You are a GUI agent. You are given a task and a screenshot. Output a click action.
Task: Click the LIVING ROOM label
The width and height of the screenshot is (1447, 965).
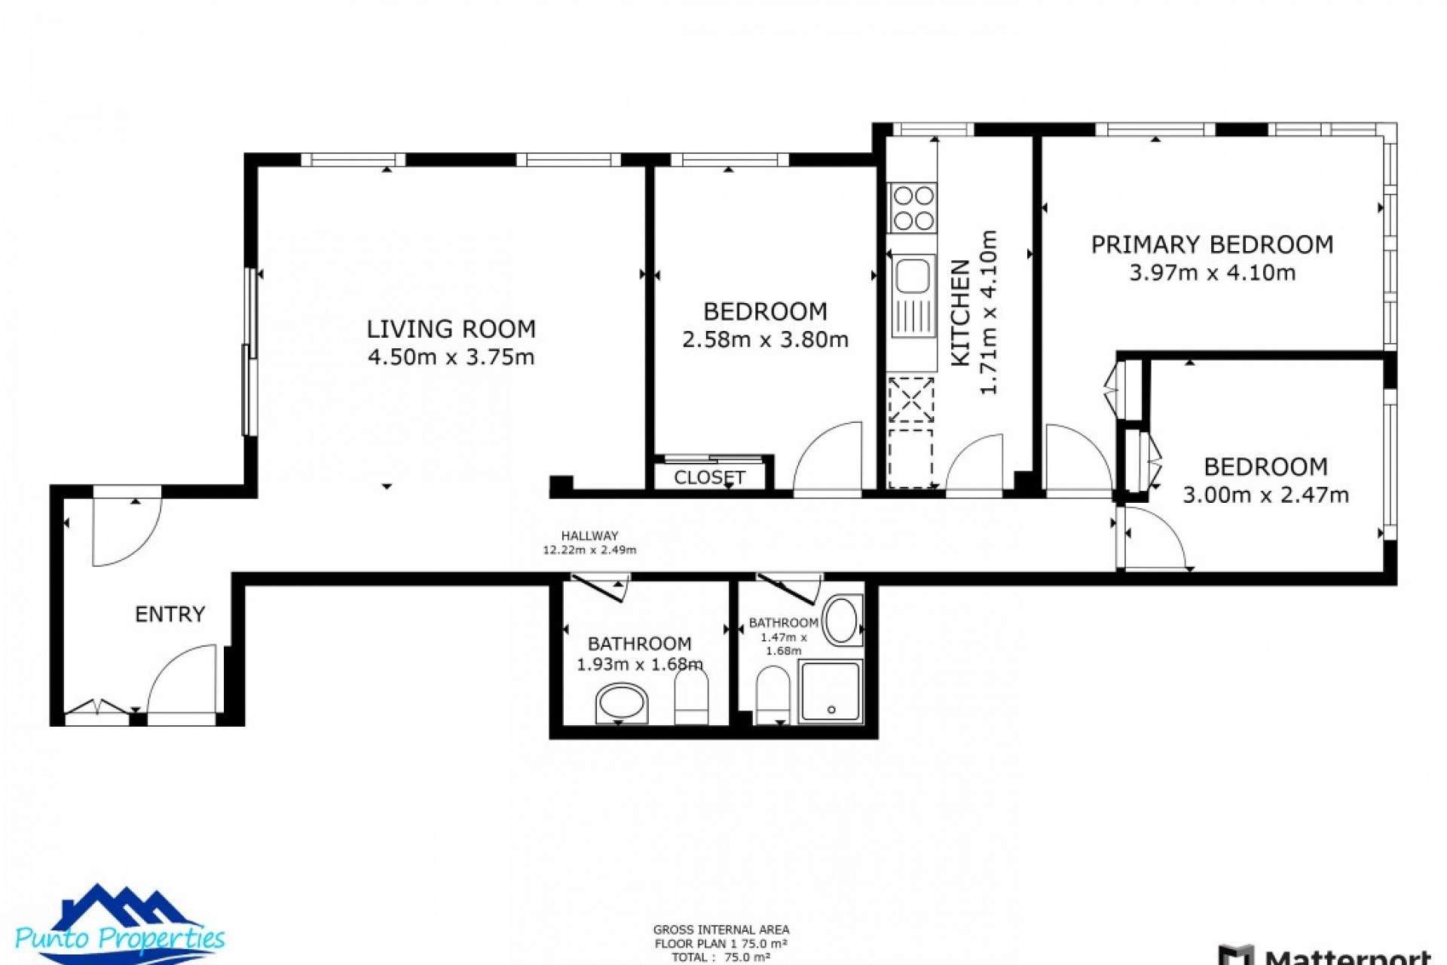click(451, 329)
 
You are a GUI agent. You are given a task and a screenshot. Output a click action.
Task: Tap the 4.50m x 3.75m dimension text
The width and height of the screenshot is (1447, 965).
click(451, 357)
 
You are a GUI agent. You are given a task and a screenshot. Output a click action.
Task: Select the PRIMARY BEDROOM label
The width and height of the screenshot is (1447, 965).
click(1212, 245)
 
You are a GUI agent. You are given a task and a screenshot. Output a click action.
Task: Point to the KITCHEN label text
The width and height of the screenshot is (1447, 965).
click(960, 313)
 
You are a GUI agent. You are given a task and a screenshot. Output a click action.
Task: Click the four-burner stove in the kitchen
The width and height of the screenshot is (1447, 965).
click(913, 208)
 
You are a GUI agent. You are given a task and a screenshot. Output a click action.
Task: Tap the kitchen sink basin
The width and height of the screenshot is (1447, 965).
click(913, 275)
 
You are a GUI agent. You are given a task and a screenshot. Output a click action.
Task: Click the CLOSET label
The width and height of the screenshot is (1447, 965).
click(709, 478)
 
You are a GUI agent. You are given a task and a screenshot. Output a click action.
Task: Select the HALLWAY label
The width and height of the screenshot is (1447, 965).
click(589, 536)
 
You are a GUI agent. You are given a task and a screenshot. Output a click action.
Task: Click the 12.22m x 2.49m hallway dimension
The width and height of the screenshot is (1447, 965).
click(589, 550)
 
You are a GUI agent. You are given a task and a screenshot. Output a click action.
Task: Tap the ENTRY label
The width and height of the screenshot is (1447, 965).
click(170, 614)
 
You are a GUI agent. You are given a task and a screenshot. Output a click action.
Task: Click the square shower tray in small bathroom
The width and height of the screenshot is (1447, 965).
click(831, 691)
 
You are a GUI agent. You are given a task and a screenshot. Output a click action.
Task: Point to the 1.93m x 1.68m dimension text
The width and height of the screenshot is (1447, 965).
click(639, 665)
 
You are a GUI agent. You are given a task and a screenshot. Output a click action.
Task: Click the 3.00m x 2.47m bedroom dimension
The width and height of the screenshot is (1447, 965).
click(1265, 495)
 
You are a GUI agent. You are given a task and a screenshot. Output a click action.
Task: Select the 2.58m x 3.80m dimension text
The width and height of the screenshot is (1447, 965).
click(765, 340)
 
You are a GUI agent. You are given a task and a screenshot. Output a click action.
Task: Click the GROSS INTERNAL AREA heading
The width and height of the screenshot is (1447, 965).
click(721, 930)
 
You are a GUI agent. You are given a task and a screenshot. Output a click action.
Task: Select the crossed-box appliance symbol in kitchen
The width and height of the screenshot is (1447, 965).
click(911, 400)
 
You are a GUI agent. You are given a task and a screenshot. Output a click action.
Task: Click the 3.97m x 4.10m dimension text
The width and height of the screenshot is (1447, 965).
click(1212, 273)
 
